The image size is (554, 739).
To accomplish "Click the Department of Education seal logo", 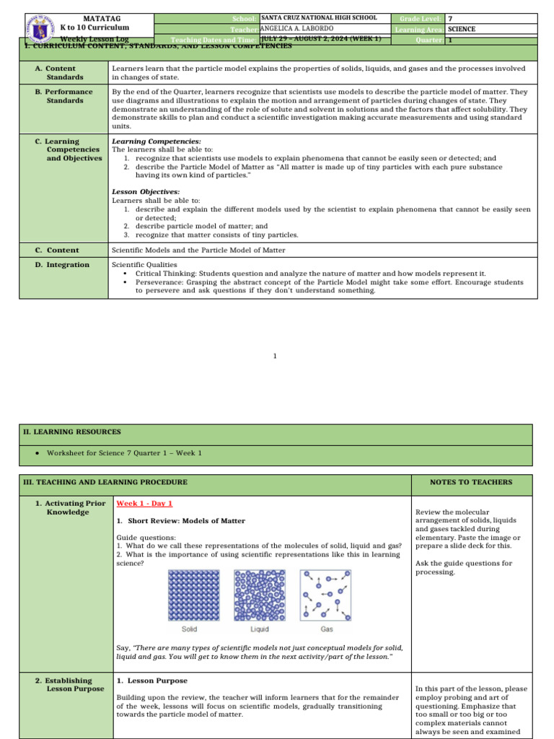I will click(41, 29).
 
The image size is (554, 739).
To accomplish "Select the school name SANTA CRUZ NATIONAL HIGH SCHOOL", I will click(318, 18).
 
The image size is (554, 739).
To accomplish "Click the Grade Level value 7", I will click(451, 18).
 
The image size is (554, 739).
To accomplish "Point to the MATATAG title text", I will click(95, 18).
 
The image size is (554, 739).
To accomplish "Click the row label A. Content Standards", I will click(65, 72).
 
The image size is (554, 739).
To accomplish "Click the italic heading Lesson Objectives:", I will click(146, 191).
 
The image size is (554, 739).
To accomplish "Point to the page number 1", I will click(275, 356).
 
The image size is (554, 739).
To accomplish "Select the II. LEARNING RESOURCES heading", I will click(71, 432).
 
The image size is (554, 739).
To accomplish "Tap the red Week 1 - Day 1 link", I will click(144, 504).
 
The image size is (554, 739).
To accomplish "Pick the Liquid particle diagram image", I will click(260, 585).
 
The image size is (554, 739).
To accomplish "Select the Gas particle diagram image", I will click(326, 585).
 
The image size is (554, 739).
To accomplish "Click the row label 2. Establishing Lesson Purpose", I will click(69, 684).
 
